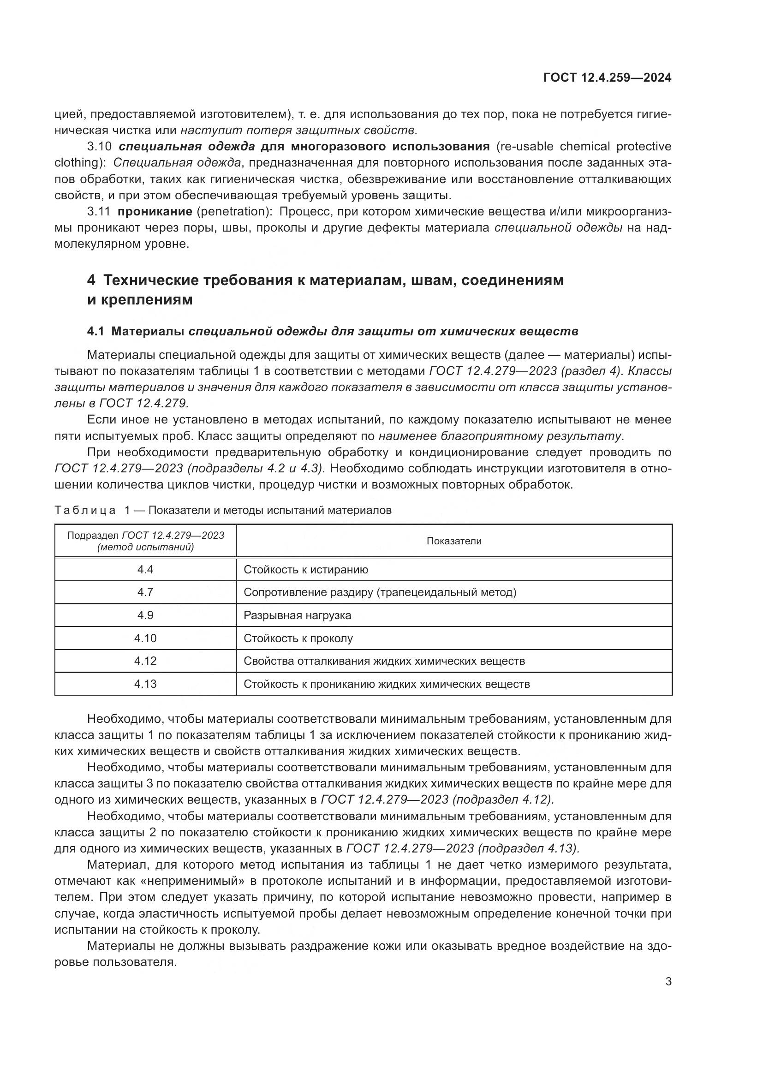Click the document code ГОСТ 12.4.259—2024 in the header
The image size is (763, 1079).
pyautogui.click(x=607, y=77)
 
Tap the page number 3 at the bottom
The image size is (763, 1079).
pyautogui.click(x=668, y=981)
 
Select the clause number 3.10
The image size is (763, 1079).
pyautogui.click(x=100, y=146)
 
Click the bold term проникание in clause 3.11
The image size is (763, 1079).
pyautogui.click(x=155, y=211)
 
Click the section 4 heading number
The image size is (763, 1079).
pyautogui.click(x=91, y=280)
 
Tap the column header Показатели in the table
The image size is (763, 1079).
pyautogui.click(x=454, y=541)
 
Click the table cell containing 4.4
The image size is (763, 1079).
pyautogui.click(x=145, y=570)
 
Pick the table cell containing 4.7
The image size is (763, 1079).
pyautogui.click(x=145, y=592)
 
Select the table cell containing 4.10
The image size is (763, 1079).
pyautogui.click(x=145, y=638)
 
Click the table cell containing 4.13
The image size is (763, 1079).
pyautogui.click(x=145, y=684)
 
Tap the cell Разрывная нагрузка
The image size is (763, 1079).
pyautogui.click(x=297, y=615)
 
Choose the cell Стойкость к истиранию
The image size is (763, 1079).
pyautogui.click(x=305, y=570)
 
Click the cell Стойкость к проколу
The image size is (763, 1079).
pyautogui.click(x=298, y=638)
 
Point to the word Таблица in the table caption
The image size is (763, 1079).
pyautogui.click(x=85, y=510)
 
